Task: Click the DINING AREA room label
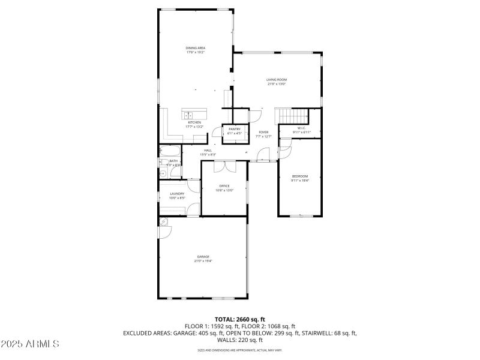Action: (195, 47)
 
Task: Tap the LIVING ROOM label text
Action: (277, 79)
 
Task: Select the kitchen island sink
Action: (188, 114)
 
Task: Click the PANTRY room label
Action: (234, 129)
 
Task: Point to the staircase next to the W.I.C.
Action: (291, 116)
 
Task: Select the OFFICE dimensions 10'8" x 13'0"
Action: (224, 190)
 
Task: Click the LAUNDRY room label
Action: (177, 193)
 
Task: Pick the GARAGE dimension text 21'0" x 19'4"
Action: (203, 261)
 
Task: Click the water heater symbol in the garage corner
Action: (162, 221)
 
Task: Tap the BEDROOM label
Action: (299, 176)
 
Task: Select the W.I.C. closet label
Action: (301, 128)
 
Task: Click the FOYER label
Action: (263, 132)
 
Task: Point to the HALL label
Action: (208, 151)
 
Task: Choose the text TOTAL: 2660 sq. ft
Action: (240, 319)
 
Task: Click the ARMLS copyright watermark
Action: (30, 344)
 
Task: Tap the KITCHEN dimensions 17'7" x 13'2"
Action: (194, 127)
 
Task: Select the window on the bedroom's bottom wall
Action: (299, 215)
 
